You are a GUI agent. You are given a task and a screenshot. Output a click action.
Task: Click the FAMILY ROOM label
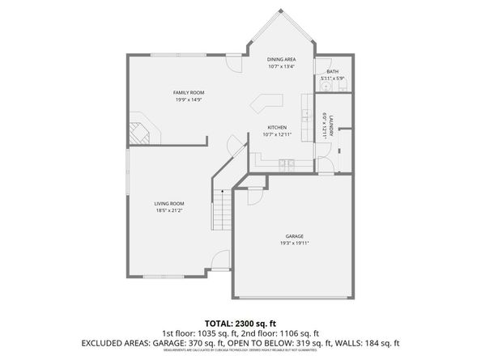coord(187,93)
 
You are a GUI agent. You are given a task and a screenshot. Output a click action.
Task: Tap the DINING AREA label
coord(281,59)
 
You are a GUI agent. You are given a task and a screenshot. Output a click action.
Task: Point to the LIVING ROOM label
coord(170,203)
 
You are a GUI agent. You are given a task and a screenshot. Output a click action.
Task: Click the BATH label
coord(332,72)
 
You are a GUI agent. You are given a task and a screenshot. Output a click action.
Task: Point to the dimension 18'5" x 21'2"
coord(170,210)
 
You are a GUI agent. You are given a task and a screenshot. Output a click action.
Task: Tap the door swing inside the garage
coord(251,193)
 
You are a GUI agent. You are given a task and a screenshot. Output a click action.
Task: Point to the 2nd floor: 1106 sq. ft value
coord(287,332)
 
